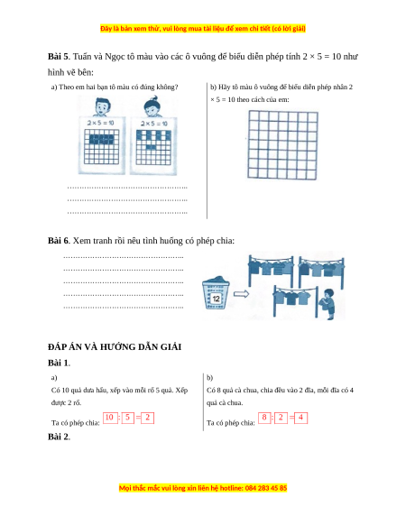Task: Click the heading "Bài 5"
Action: pyautogui.click(x=58, y=56)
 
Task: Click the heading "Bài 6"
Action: pyautogui.click(x=59, y=241)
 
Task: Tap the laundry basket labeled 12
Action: pyautogui.click(x=216, y=292)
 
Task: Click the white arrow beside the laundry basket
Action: pyautogui.click(x=241, y=294)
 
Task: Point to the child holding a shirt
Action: pyautogui.click(x=328, y=304)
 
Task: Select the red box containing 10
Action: pyautogui.click(x=110, y=418)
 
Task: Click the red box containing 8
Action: pyautogui.click(x=264, y=418)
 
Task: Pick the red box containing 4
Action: pyautogui.click(x=300, y=418)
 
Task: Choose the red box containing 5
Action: pyautogui.click(x=127, y=418)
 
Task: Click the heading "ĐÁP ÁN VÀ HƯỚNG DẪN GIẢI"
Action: pyautogui.click(x=115, y=347)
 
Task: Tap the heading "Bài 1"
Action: pyautogui.click(x=59, y=363)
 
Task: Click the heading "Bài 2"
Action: pyautogui.click(x=59, y=437)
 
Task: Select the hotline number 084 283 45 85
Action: pyautogui.click(x=266, y=488)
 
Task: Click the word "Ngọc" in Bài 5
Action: pyautogui.click(x=115, y=57)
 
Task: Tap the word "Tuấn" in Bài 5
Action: pyautogui.click(x=82, y=56)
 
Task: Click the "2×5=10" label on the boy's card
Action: pyautogui.click(x=100, y=123)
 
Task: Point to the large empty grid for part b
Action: pyautogui.click(x=282, y=145)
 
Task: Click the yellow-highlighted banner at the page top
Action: pyautogui.click(x=203, y=29)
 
